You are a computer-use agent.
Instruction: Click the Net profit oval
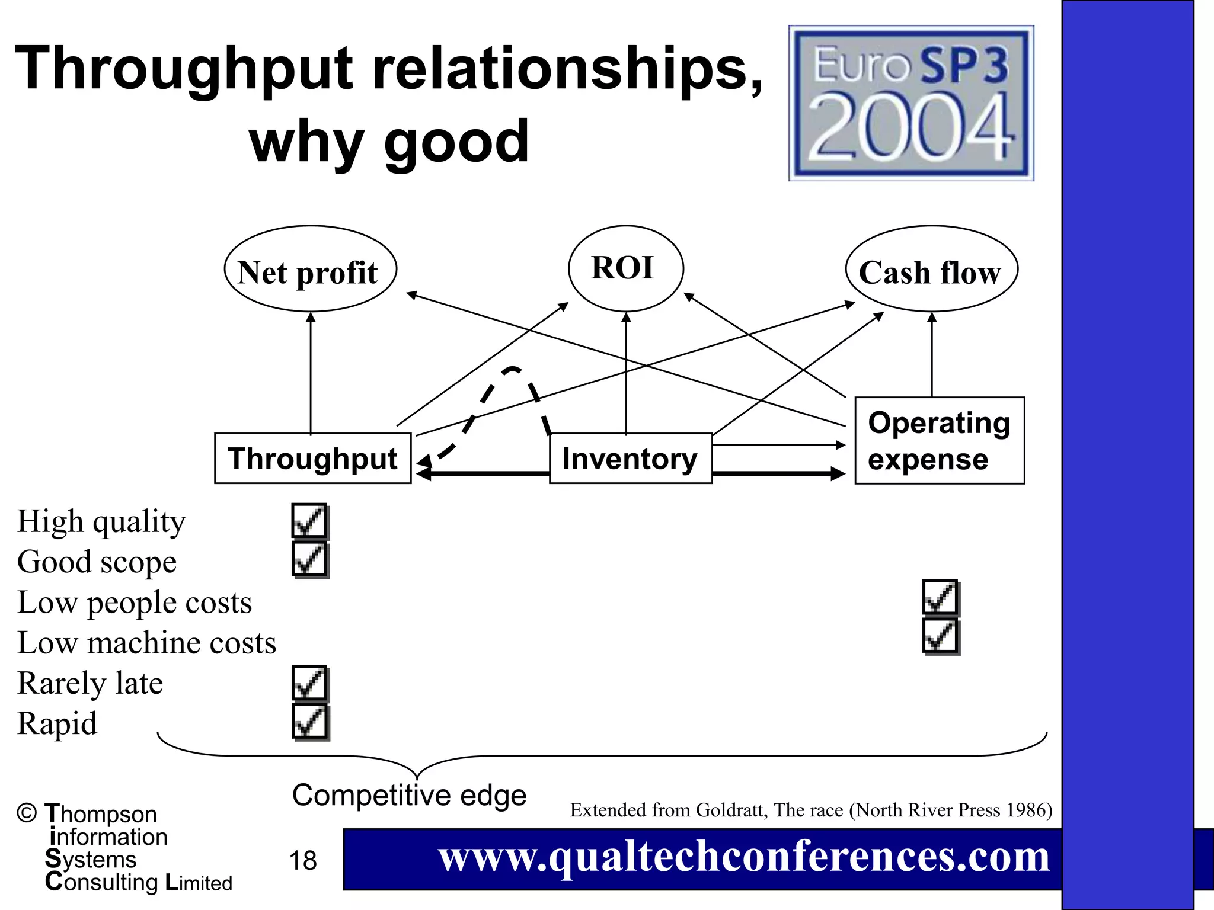(x=310, y=269)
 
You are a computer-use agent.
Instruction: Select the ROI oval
(x=625, y=268)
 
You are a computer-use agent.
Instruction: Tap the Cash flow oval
(x=931, y=269)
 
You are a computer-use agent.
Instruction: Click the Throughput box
(x=312, y=459)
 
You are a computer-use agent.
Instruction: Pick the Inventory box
(x=630, y=459)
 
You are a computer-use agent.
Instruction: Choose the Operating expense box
(x=939, y=441)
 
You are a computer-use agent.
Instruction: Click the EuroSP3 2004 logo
(x=911, y=103)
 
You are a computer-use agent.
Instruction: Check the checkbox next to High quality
(x=309, y=521)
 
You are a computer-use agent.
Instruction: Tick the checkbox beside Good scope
(x=309, y=560)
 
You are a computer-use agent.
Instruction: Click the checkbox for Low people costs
(x=941, y=598)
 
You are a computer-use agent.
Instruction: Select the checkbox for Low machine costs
(x=941, y=637)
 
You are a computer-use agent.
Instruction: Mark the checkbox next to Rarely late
(x=309, y=683)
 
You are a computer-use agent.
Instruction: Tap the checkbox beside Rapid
(x=309, y=723)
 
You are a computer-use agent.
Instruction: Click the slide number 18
(x=303, y=860)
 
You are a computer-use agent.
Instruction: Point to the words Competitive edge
(x=409, y=795)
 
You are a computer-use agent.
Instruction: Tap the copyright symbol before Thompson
(x=27, y=813)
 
